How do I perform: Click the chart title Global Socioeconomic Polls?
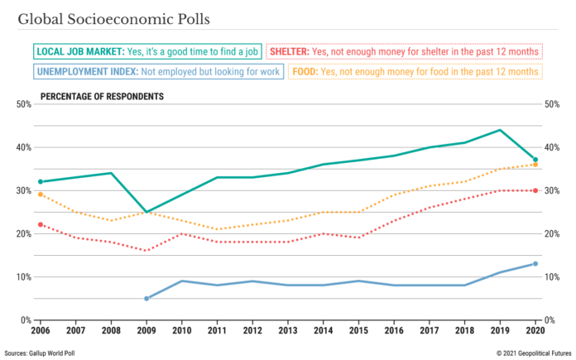point(114,19)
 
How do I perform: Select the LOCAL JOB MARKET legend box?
point(147,51)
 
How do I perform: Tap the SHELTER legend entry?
point(404,51)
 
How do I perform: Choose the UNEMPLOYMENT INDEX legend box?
point(158,71)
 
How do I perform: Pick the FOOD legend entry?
point(415,71)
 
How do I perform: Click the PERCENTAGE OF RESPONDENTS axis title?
point(102,97)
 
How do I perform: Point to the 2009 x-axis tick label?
point(146,330)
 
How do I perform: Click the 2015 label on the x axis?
point(358,330)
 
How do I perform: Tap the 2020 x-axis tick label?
point(535,330)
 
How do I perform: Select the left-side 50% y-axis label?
point(24,104)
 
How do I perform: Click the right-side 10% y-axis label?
point(552,277)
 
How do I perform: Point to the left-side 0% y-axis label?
point(26,320)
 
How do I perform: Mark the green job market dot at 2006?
point(41,181)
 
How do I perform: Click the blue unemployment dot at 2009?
point(146,299)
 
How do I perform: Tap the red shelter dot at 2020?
point(535,190)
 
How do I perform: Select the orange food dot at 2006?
point(41,194)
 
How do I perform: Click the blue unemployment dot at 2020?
point(535,264)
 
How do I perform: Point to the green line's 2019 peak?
point(500,130)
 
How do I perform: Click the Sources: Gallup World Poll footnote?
point(39,353)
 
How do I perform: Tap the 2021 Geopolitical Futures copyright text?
point(534,353)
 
